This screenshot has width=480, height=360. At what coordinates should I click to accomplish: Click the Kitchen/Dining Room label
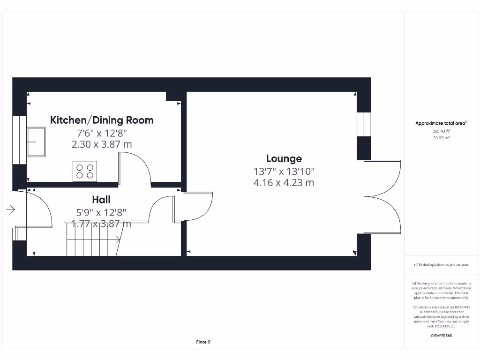(x=102, y=120)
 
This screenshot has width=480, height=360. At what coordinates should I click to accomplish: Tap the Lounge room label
(x=284, y=158)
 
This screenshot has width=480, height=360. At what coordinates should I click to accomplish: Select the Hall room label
(x=101, y=200)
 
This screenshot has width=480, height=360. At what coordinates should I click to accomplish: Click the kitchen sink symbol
(x=37, y=141)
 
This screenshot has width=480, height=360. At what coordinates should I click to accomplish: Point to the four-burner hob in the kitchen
(x=84, y=171)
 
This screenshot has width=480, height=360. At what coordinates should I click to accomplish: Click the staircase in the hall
(x=94, y=240)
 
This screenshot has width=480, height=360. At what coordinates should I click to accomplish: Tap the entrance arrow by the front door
(x=10, y=210)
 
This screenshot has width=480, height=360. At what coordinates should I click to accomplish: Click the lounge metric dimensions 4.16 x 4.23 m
(x=284, y=183)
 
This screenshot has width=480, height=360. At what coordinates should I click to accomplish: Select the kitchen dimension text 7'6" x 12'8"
(x=102, y=133)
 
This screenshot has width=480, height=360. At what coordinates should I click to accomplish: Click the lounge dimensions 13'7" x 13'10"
(x=284, y=172)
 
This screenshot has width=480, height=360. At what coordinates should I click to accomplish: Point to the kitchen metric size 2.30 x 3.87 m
(x=102, y=144)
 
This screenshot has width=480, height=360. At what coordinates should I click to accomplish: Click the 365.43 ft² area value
(x=441, y=131)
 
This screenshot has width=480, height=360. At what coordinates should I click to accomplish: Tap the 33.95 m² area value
(x=441, y=138)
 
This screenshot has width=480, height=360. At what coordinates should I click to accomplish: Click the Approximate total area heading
(x=441, y=123)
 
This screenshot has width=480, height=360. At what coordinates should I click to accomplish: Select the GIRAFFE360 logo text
(x=441, y=336)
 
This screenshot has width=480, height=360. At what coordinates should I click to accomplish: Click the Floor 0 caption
(x=203, y=342)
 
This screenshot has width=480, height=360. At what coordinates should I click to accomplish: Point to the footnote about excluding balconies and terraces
(x=441, y=265)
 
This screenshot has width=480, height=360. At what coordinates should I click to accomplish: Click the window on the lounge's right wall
(x=364, y=124)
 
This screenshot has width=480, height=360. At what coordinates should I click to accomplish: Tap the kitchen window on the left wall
(x=19, y=140)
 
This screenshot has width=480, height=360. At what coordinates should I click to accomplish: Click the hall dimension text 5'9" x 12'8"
(x=101, y=212)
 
